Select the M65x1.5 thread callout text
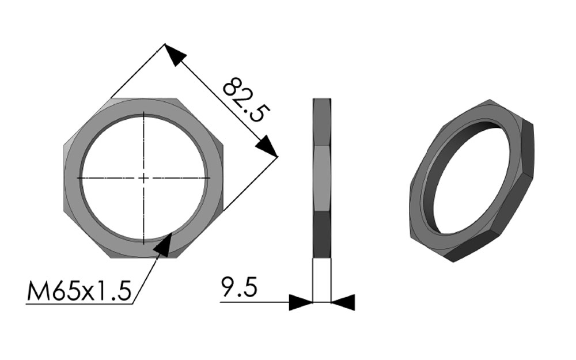[79, 291]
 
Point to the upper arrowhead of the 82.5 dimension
[175, 55]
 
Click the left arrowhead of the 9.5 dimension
[301, 302]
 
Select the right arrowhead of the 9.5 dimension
[343, 302]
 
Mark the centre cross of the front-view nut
[143, 178]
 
